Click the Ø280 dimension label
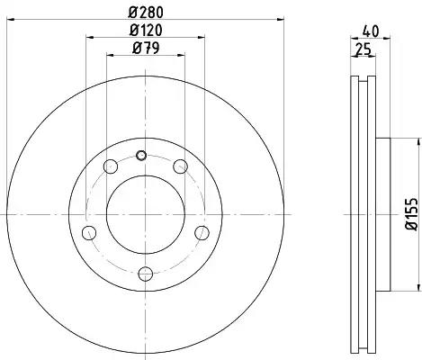pyautogui.click(x=146, y=13)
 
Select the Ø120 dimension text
pyautogui.click(x=146, y=30)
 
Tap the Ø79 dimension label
pyautogui.click(x=146, y=48)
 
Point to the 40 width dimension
pyautogui.click(x=371, y=31)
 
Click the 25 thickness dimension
pyautogui.click(x=363, y=49)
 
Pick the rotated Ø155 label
pyautogui.click(x=411, y=214)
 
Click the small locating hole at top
pyautogui.click(x=141, y=155)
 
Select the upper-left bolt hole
pyautogui.click(x=111, y=166)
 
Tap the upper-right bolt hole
pyautogui.click(x=181, y=166)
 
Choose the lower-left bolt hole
pyautogui.click(x=89, y=233)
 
